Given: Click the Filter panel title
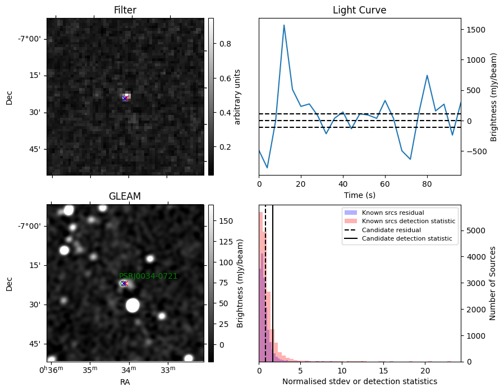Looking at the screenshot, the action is [125, 10].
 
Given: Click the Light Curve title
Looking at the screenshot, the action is [359, 10].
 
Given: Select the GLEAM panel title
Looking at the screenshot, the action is [125, 196].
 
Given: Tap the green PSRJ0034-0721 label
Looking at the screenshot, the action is [148, 276].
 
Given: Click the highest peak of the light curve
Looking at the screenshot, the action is [284, 25].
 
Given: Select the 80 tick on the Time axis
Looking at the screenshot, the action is [427, 184].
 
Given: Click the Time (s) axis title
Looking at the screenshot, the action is [360, 195].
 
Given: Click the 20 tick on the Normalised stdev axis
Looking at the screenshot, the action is [425, 371].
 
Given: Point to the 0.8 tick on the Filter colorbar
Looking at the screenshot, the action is [225, 44].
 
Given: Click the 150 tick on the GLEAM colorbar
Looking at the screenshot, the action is [226, 221].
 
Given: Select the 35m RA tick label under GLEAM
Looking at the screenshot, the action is [90, 370].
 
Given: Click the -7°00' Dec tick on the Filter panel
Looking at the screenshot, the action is [31, 39].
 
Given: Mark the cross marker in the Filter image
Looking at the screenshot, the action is [125, 98].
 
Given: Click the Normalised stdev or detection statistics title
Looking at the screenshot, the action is [360, 381].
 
